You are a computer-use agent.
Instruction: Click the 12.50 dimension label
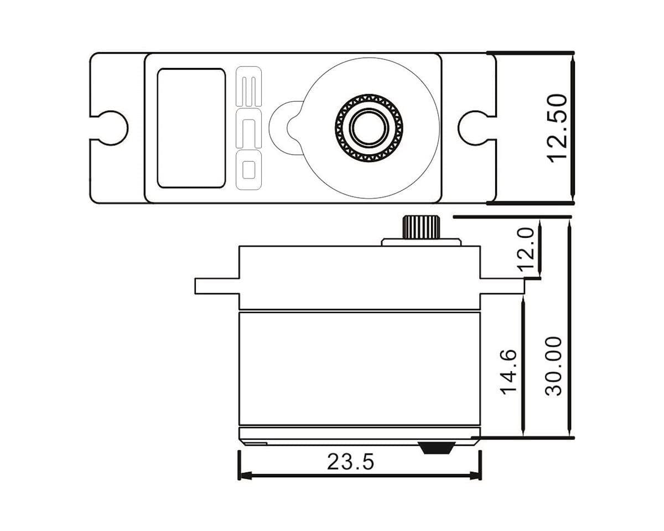tap(558, 128)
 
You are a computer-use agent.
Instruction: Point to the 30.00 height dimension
tap(553, 366)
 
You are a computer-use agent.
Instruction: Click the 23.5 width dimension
tap(350, 461)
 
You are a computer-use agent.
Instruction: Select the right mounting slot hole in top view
tap(473, 128)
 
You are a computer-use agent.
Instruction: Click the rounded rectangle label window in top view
tap(191, 128)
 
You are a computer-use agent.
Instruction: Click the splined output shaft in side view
tap(421, 227)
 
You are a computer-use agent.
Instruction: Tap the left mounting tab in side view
tap(216, 285)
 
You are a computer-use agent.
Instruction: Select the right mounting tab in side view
tap(501, 285)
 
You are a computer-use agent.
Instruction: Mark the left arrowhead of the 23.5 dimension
tap(244, 475)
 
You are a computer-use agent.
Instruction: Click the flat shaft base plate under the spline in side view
tap(421, 242)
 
